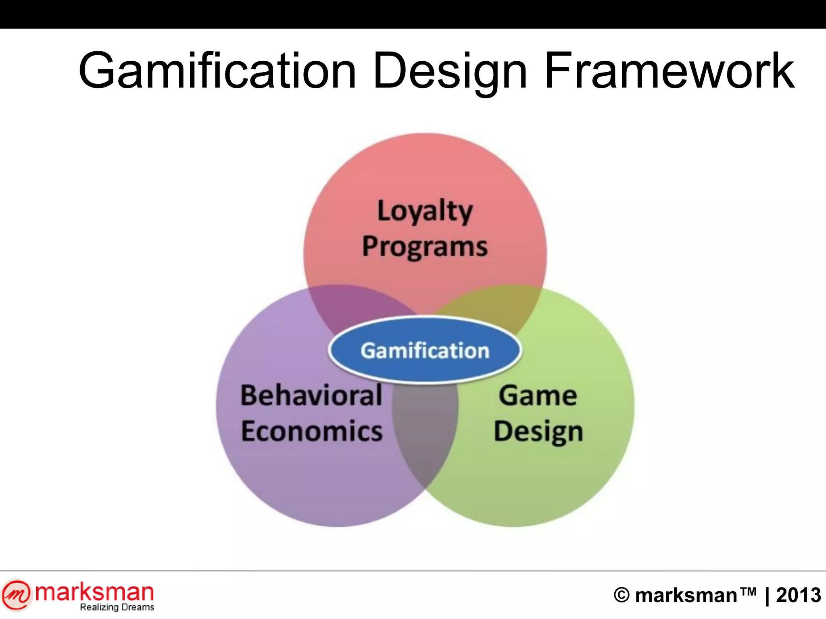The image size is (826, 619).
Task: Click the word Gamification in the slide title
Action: [x=217, y=71]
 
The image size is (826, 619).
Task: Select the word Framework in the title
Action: [x=669, y=71]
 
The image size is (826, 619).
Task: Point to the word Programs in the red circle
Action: [x=425, y=247]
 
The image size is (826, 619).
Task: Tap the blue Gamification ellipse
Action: [x=425, y=350]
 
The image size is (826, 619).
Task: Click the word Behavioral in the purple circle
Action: [x=311, y=395]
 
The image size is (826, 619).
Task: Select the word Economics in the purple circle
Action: [x=311, y=431]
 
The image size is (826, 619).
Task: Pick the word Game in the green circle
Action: [x=538, y=395]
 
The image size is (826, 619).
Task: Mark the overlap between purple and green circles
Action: [x=425, y=435]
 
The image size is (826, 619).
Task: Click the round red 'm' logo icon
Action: [x=16, y=595]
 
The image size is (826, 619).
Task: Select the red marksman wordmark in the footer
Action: [x=94, y=592]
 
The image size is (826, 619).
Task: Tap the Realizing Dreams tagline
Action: [x=117, y=607]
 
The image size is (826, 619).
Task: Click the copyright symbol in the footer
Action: [x=622, y=595]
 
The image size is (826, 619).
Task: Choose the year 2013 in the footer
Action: [x=798, y=595]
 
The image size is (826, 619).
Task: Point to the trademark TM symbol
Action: [x=747, y=591]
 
